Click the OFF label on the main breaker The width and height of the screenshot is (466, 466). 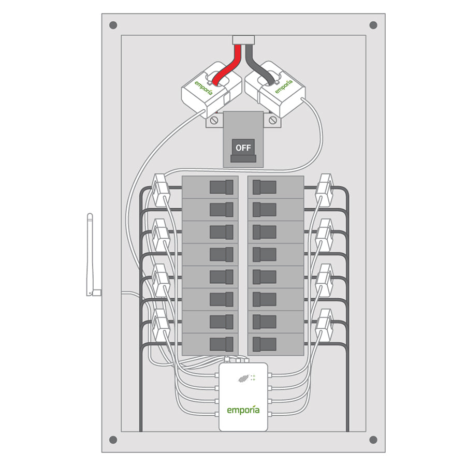point(243,148)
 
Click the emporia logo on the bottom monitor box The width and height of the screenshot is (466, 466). point(243,410)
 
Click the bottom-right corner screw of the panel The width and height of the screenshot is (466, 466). point(373,440)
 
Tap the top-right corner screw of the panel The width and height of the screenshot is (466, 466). point(373,25)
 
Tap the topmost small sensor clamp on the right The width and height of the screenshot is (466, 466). point(325,190)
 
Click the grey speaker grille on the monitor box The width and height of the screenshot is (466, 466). point(243,378)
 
